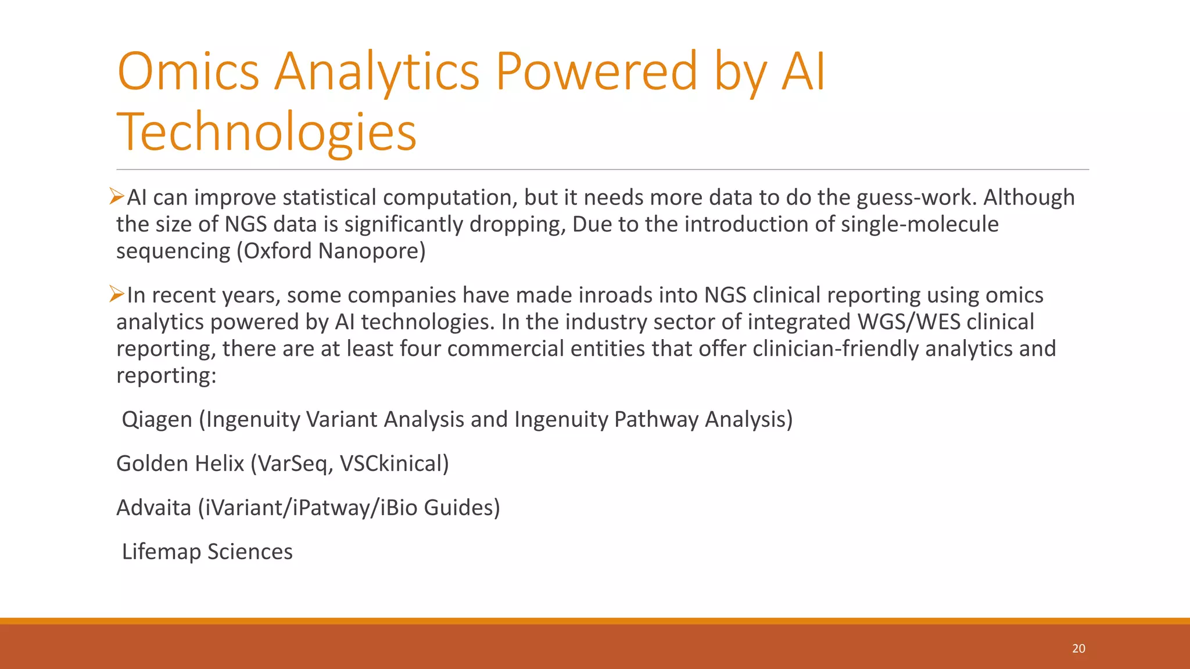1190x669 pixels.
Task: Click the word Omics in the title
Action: [188, 71]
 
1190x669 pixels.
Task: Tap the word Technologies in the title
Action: [267, 132]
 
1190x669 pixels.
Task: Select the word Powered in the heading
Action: [596, 71]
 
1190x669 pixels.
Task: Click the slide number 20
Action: [1078, 649]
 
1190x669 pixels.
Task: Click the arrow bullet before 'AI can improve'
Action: [117, 197]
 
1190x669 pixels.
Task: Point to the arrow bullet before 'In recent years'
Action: [117, 294]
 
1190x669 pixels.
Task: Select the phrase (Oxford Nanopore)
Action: [331, 251]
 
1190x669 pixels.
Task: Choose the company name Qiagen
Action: [157, 419]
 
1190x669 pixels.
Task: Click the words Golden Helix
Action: [180, 463]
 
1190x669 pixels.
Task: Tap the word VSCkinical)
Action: [394, 463]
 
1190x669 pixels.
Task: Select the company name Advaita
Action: [154, 508]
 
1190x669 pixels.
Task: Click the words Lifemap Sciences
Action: [207, 552]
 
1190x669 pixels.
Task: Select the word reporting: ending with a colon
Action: [166, 375]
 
